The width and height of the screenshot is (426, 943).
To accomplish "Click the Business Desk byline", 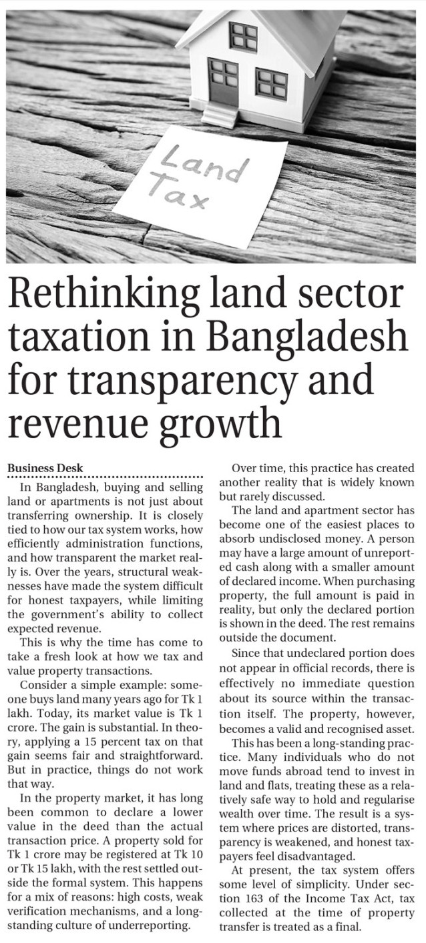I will [45, 468].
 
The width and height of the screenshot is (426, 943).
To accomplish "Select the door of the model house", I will [222, 81].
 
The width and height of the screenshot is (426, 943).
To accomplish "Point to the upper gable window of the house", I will [243, 36].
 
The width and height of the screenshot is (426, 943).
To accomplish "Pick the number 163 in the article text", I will [260, 900].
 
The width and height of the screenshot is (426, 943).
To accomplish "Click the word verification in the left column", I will [38, 912].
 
